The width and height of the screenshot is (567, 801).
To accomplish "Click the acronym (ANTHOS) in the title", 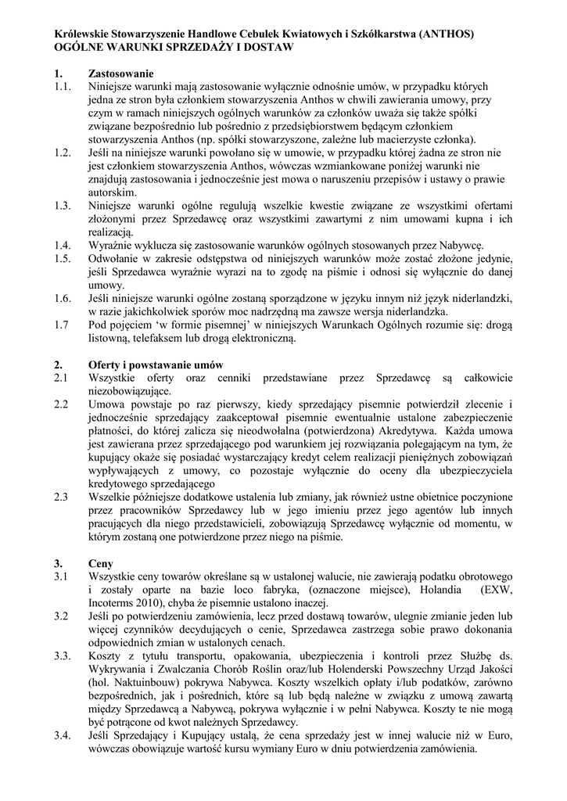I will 447,34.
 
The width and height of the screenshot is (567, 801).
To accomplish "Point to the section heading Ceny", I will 102,562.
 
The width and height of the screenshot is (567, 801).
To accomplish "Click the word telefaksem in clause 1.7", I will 163,339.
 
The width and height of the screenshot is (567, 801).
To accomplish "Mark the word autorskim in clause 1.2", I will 113,193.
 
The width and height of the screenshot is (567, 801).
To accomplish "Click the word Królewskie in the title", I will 86,34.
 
